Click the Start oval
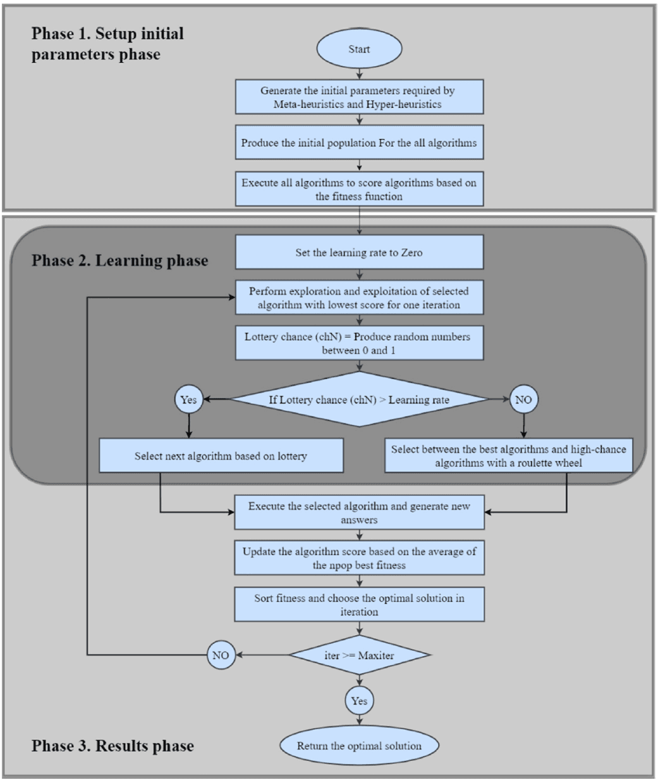tap(359, 49)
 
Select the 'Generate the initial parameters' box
tap(359, 97)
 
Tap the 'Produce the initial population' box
tap(359, 143)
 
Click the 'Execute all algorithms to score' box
tap(359, 189)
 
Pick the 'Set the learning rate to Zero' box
tap(359, 252)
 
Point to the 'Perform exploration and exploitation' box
tap(359, 298)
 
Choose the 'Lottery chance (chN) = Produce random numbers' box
tap(359, 343)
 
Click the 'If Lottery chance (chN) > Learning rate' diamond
tap(359, 400)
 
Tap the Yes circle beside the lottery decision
tap(188, 400)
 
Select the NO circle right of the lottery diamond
tap(523, 400)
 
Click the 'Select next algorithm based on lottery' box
tap(221, 456)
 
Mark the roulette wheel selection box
tap(508, 456)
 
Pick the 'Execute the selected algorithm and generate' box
tap(359, 513)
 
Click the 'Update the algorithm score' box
tap(359, 558)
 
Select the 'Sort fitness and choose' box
tap(359, 605)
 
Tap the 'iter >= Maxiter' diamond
tap(359, 655)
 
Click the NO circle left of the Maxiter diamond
tap(221, 655)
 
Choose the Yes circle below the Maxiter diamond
tap(359, 701)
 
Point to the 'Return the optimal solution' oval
tap(359, 746)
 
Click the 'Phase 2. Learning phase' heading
tap(119, 261)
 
